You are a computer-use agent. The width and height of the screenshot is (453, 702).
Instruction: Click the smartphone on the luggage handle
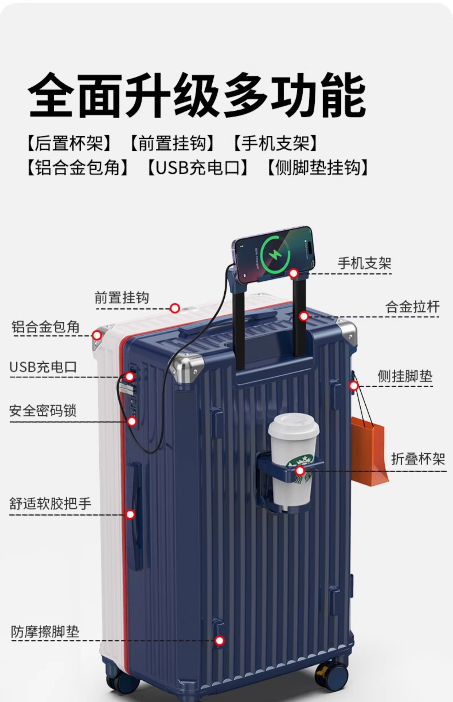click(274, 254)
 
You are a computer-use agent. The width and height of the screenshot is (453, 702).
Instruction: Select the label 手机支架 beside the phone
click(364, 263)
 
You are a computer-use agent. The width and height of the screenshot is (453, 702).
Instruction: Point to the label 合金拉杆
click(412, 307)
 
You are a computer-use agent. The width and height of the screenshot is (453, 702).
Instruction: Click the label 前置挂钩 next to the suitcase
click(122, 297)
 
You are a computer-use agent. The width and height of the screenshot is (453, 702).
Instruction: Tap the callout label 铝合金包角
click(46, 327)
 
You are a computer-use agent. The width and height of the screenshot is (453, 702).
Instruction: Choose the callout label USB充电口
click(43, 367)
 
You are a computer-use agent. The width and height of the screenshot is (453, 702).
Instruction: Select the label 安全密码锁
click(43, 411)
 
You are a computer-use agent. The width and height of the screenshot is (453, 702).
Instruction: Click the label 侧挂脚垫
click(405, 376)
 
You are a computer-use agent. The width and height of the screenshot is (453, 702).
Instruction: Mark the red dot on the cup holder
click(300, 471)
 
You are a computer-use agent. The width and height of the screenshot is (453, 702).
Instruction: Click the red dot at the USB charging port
click(130, 376)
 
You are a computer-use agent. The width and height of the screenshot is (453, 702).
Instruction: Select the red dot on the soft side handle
click(130, 514)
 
